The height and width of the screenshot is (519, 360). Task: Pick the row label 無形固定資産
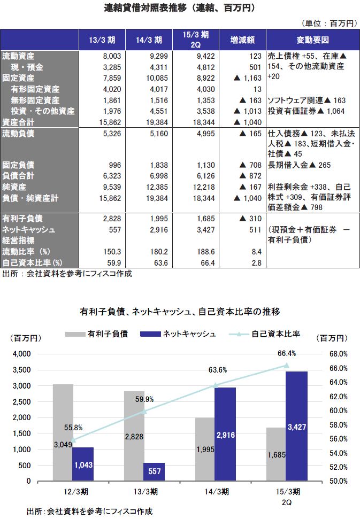42,100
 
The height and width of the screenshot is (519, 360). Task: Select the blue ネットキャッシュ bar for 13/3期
154,471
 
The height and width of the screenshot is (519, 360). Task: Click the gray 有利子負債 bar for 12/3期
63,433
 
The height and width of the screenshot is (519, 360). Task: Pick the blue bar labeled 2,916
225,434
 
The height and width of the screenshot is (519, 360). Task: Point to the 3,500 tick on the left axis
22,370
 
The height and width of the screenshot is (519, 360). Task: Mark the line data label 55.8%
73,428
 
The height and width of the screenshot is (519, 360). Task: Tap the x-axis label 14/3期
216,491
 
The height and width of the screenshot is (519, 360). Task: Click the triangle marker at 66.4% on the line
287,366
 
